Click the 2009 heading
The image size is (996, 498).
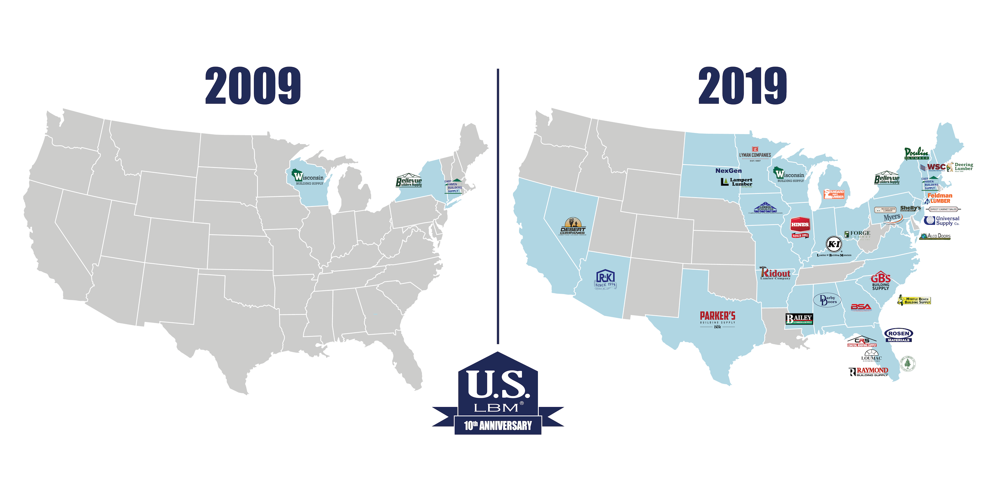(x=253, y=85)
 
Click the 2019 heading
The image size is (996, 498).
(x=742, y=85)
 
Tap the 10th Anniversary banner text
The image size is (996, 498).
(x=497, y=425)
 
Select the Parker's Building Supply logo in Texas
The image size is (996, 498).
(x=717, y=319)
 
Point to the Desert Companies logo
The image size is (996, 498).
(x=572, y=226)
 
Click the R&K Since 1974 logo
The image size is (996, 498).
(x=605, y=279)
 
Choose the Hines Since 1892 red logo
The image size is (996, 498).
(x=800, y=227)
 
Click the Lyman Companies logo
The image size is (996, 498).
(x=755, y=154)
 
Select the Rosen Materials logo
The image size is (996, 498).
(x=899, y=335)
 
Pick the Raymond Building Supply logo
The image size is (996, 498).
(x=869, y=372)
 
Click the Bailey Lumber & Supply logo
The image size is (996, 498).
(x=799, y=319)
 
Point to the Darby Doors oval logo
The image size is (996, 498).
(x=827, y=300)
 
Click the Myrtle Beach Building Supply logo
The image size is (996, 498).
(x=914, y=300)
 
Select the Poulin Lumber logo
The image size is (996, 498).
(x=916, y=153)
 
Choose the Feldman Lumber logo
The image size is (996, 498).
(x=939, y=198)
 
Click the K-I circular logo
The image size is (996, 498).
(x=834, y=244)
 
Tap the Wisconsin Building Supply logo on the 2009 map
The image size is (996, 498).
(x=307, y=177)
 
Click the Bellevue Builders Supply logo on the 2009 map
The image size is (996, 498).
(x=409, y=180)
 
